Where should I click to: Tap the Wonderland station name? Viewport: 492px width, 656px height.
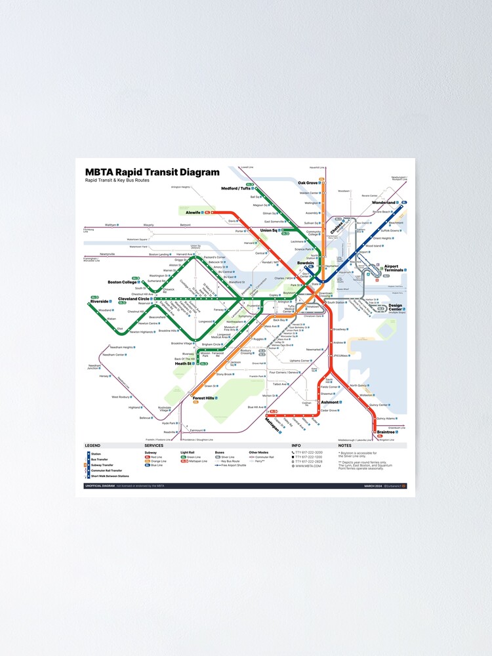(384, 203)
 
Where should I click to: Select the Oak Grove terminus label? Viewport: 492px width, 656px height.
(308, 183)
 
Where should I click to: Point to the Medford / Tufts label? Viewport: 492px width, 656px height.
(236, 188)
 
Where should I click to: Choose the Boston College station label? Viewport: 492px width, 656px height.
(122, 282)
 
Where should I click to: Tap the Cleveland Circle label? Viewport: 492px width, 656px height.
(133, 299)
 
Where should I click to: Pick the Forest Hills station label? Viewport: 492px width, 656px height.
(203, 398)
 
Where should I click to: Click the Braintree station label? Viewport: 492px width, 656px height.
(386, 432)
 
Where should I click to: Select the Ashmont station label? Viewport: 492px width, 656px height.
(329, 402)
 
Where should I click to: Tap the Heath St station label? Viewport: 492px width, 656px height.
(183, 363)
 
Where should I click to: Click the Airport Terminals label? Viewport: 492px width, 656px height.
(394, 268)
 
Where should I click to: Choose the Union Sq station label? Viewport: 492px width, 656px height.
(270, 230)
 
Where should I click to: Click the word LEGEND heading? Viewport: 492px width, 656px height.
(92, 446)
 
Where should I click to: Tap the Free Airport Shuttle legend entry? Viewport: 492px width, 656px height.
(233, 465)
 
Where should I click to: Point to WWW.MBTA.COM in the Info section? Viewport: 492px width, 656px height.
(308, 466)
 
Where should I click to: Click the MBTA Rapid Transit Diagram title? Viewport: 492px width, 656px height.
(152, 173)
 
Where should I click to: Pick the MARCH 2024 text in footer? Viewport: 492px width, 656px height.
(373, 486)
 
